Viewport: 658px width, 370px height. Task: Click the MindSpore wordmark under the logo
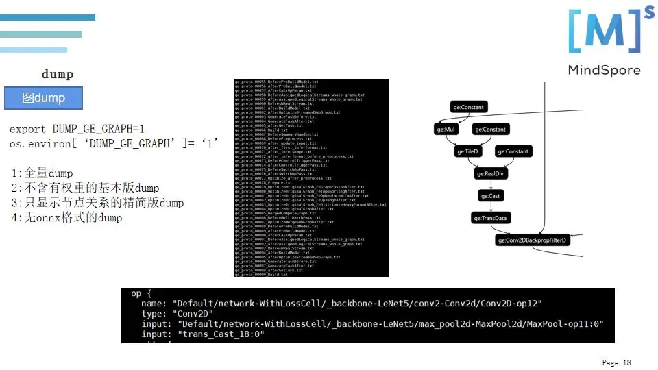(x=604, y=70)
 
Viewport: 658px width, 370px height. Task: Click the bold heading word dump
(x=58, y=74)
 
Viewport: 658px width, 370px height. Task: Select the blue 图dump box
(x=43, y=98)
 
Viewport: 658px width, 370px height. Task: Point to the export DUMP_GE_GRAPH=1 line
(x=77, y=129)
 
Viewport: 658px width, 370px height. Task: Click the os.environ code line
(x=114, y=143)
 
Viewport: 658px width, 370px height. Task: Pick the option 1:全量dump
(x=42, y=173)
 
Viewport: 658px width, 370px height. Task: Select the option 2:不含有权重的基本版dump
(x=85, y=188)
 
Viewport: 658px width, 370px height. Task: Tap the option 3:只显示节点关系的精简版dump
(x=97, y=203)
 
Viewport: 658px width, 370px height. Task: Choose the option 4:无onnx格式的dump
(x=66, y=218)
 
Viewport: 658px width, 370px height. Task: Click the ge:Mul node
(x=446, y=129)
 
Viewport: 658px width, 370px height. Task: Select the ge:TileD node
(x=469, y=151)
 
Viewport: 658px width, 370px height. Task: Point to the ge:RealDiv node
(x=491, y=174)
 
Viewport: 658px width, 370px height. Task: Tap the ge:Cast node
(x=491, y=196)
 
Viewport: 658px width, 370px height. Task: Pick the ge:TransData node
(x=491, y=219)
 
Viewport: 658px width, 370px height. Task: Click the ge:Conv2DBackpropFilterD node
(x=534, y=241)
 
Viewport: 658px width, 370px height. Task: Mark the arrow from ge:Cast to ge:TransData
(x=491, y=207)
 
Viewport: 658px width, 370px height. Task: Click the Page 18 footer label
(x=616, y=362)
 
